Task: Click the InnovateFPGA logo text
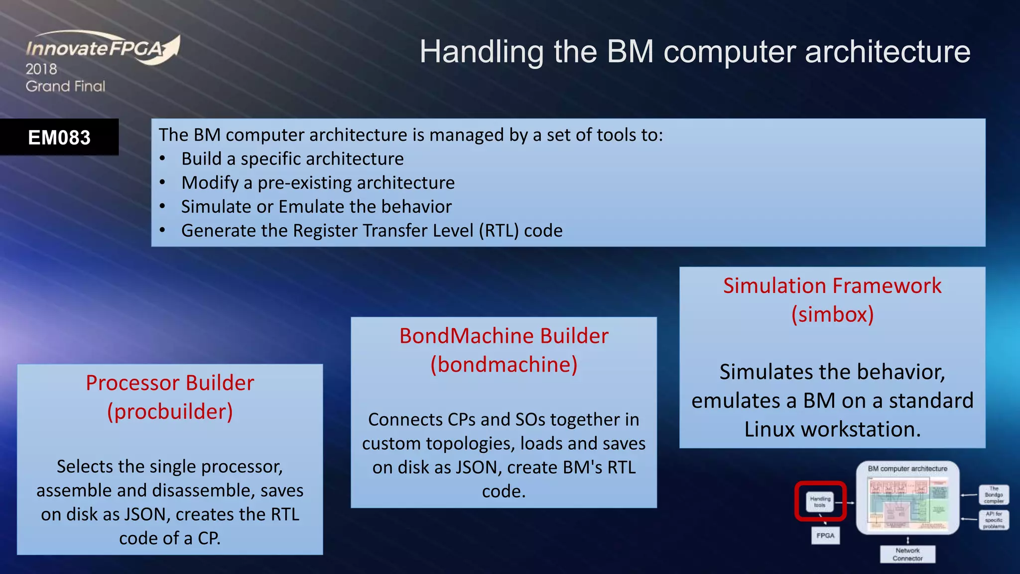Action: coord(95,49)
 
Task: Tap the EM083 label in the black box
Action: coord(59,138)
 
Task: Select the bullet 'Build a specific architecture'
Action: coord(292,159)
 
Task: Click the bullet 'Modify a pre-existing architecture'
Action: coord(318,183)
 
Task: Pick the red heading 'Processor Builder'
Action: coord(170,383)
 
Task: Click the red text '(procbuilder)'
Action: coord(170,412)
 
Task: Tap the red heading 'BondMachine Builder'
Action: coord(504,336)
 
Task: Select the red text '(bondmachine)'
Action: coord(504,365)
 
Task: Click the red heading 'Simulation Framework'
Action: coord(832,286)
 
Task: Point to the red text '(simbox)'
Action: coord(832,314)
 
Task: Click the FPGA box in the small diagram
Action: coord(825,536)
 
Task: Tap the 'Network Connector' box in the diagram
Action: coord(907,554)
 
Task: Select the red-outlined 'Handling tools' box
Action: coord(820,501)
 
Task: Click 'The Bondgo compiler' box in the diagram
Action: coord(994,495)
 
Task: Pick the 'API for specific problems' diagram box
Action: coord(994,520)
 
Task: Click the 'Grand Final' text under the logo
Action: coord(65,86)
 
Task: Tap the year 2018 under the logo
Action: coord(41,69)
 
